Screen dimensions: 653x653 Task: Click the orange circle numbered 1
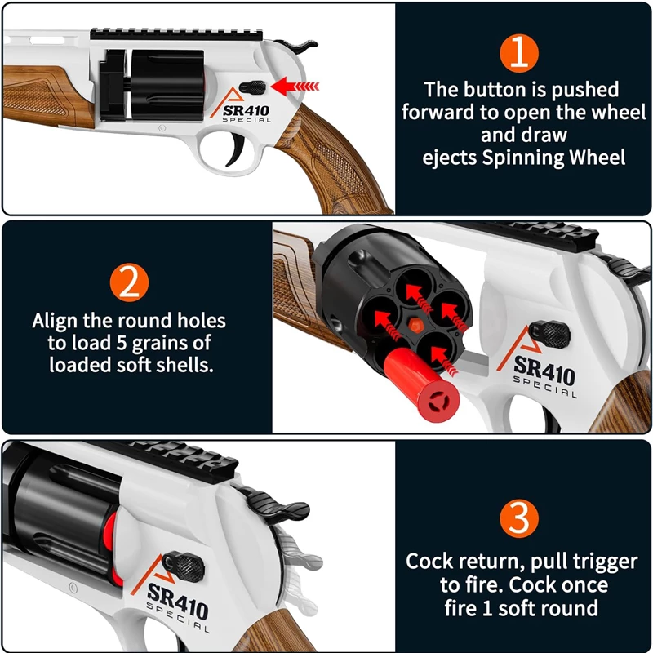(x=519, y=52)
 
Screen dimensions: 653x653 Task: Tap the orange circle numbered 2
(x=130, y=283)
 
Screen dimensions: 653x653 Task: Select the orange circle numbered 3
(x=519, y=518)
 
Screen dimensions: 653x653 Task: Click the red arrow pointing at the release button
(x=295, y=87)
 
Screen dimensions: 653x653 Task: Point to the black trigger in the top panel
(x=234, y=150)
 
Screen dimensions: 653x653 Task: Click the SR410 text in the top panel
(x=246, y=111)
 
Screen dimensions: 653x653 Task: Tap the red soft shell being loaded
(x=420, y=384)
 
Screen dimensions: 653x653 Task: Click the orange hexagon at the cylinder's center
(x=414, y=325)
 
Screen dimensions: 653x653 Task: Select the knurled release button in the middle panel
(x=549, y=335)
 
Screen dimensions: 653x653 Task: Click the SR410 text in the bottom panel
(x=177, y=601)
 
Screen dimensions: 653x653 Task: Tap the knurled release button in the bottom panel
(x=184, y=566)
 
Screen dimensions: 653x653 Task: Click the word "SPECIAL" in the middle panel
(x=545, y=387)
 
